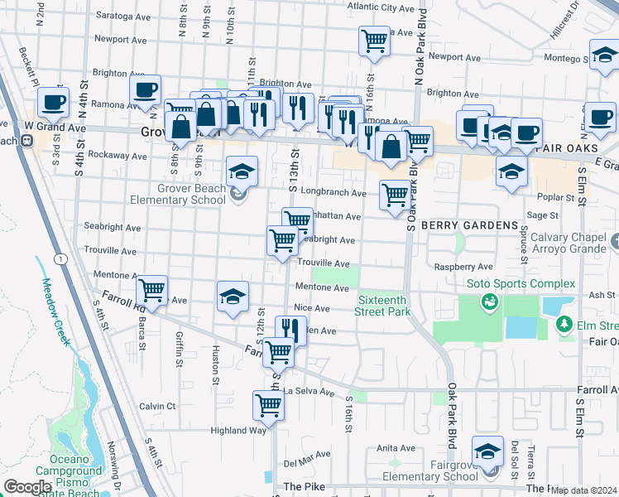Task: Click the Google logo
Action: [27, 487]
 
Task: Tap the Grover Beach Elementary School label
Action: [180, 194]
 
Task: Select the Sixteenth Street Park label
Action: [383, 306]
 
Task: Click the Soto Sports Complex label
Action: [521, 284]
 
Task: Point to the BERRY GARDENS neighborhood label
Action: [469, 225]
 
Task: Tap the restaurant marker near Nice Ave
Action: [288, 328]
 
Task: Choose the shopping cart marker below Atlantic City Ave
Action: [374, 41]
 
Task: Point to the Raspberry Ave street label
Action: [463, 267]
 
